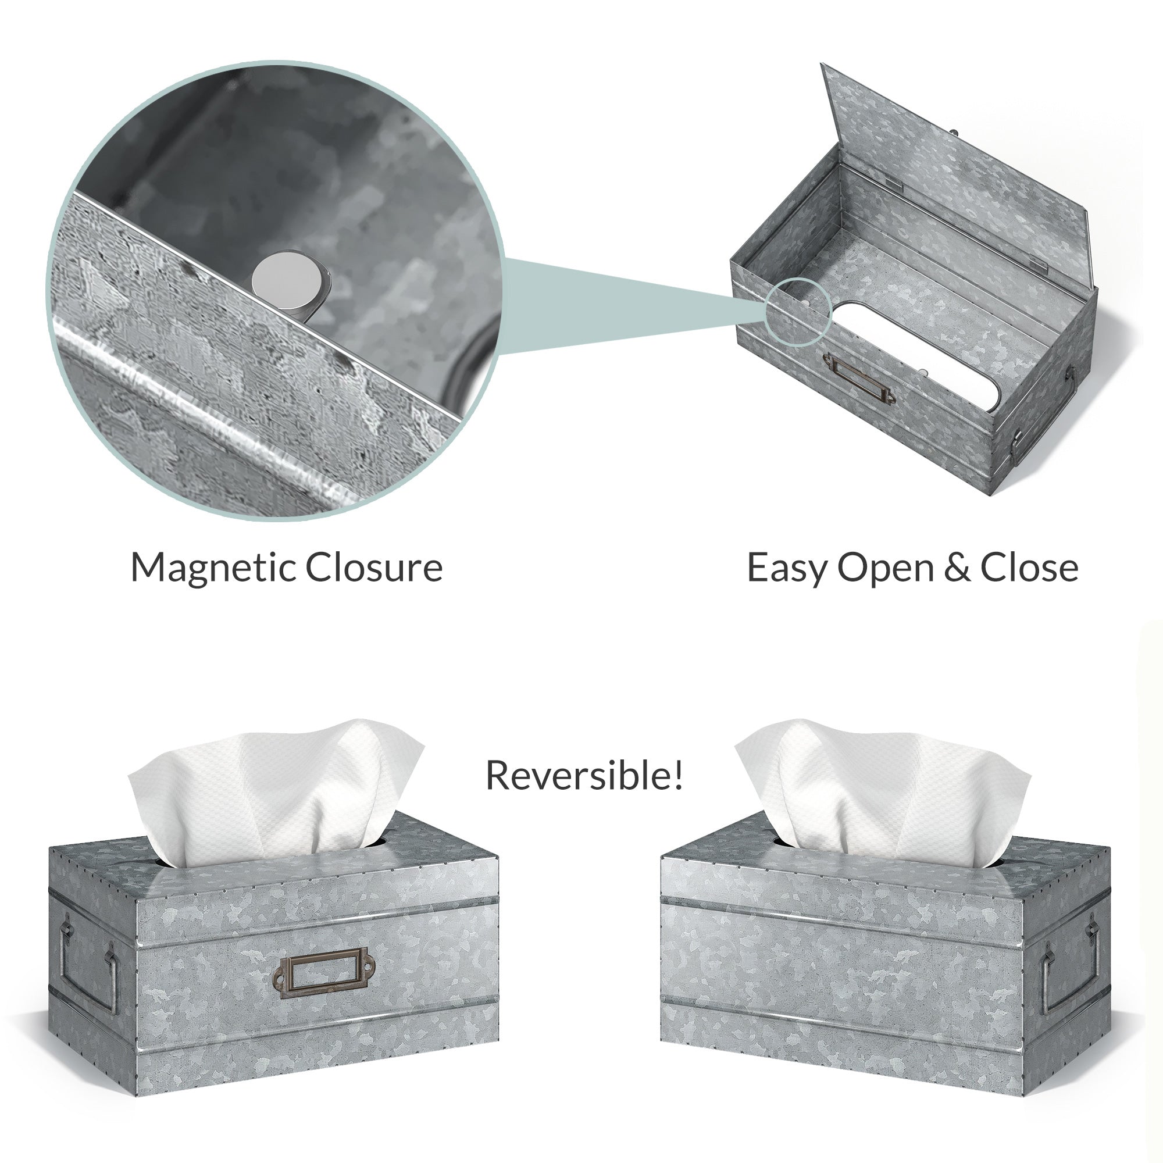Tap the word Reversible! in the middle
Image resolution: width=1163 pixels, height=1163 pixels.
click(x=584, y=775)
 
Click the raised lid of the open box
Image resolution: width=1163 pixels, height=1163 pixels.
click(x=957, y=174)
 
